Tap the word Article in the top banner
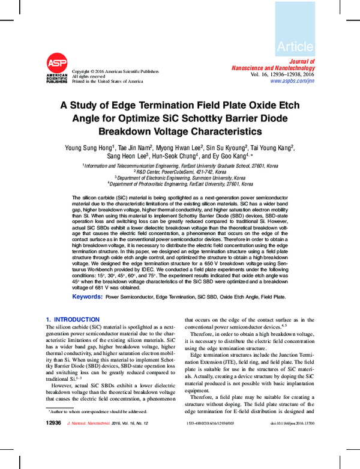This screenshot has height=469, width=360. click(x=295, y=46)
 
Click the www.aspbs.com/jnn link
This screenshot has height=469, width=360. click(x=292, y=80)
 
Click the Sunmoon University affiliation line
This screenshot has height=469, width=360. click(x=180, y=178)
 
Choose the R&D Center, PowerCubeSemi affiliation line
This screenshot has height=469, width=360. click(x=180, y=172)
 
